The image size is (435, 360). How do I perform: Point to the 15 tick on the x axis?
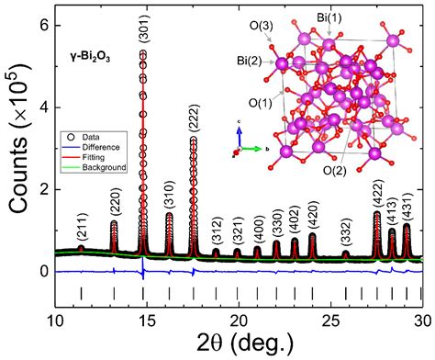[x=146, y=319]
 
